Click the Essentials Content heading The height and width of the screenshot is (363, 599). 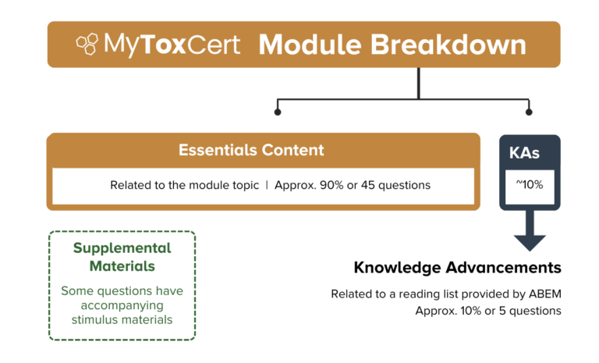point(251,150)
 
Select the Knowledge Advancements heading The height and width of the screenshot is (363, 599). point(457,268)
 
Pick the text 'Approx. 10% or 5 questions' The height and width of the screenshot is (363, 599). point(488,310)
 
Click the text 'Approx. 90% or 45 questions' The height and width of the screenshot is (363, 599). point(353,186)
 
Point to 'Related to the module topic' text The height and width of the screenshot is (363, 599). point(184,186)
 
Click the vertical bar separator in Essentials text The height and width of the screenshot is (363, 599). point(267,186)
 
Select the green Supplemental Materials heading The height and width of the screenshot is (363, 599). point(122,257)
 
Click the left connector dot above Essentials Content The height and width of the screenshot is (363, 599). point(277,112)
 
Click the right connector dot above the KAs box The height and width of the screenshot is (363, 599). point(530,112)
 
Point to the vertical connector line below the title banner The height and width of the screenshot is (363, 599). point(419,84)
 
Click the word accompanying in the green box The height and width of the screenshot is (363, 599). point(122,305)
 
